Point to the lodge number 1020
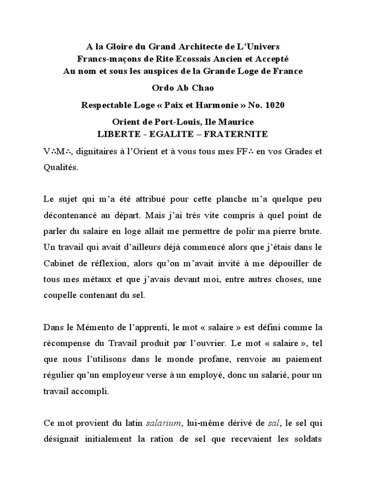[x=274, y=105]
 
